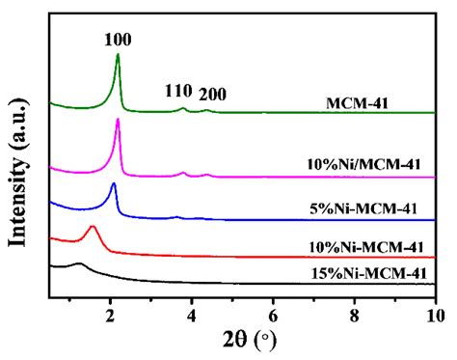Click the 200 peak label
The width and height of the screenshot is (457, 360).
pos(212,94)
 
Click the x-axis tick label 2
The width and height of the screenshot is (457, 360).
pos(110,315)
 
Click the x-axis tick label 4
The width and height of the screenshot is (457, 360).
pos(192,315)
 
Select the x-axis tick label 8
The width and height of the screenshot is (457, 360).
pos(355,315)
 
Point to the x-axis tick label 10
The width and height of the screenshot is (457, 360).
pos(434,315)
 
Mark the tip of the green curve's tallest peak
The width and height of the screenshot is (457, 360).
pos(118,55)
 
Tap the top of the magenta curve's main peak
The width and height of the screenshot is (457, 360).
pos(118,120)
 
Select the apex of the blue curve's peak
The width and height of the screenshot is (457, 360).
pos(114,184)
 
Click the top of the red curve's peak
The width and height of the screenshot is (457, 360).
pos(93,227)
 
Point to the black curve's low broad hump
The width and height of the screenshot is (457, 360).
pos(79,263)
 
